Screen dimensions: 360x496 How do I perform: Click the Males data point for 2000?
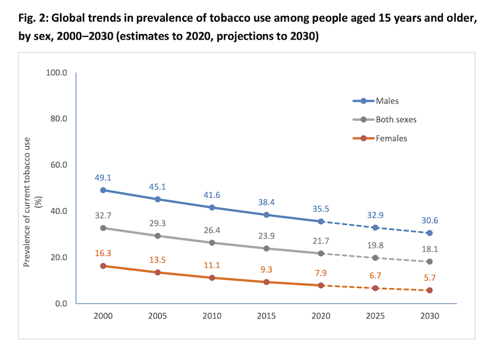click(103, 190)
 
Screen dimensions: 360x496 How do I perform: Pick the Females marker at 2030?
click(429, 290)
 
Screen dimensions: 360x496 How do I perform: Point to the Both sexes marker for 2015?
click(267, 248)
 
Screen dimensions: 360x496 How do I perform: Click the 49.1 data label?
click(103, 177)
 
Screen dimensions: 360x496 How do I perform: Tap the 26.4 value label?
click(212, 229)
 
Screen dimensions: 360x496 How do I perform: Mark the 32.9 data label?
click(374, 214)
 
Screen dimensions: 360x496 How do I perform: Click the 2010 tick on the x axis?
click(212, 316)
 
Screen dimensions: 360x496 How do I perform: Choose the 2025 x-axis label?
click(374, 316)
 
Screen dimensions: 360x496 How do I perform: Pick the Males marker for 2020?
click(321, 221)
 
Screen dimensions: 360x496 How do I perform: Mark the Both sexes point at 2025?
click(374, 258)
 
